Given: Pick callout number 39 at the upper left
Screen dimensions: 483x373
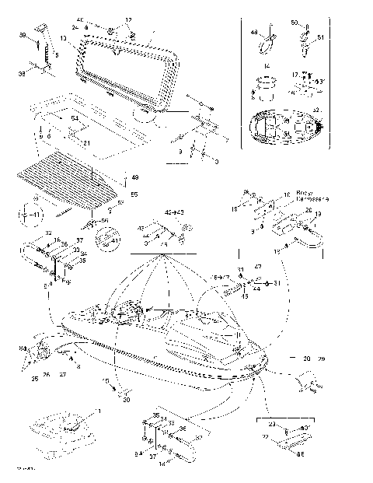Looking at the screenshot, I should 22,75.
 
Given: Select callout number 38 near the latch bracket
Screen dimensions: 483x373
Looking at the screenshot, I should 22,36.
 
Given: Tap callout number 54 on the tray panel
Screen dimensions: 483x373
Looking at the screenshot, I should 75,118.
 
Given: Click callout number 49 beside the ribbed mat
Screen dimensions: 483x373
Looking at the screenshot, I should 134,178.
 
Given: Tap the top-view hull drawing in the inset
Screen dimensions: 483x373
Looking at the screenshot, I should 284,127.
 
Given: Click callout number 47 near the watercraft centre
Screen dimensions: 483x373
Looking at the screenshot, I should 257,267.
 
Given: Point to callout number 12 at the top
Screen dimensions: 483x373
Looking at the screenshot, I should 129,19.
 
